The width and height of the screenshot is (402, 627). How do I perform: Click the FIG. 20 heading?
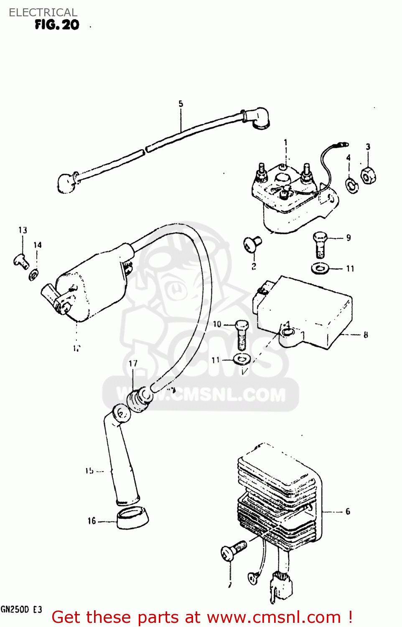[57, 25]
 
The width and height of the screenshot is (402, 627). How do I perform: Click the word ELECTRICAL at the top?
[43, 13]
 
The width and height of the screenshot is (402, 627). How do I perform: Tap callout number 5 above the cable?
[181, 104]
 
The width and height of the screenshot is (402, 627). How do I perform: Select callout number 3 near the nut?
[368, 147]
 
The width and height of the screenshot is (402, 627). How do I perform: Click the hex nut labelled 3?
[368, 176]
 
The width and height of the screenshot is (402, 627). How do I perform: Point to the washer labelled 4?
[352, 185]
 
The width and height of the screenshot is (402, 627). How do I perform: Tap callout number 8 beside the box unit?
[366, 334]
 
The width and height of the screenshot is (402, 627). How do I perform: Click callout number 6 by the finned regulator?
[348, 511]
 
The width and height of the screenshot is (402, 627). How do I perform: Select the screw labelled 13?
[20, 261]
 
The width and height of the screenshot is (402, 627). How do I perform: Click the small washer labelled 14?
[34, 275]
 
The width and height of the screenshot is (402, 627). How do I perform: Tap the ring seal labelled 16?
[132, 517]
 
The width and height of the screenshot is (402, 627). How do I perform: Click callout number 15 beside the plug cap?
[89, 471]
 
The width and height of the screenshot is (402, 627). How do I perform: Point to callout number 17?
[133, 363]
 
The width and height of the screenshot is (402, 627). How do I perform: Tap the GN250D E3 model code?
[21, 609]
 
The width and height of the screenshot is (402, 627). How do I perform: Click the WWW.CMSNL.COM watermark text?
[201, 395]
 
